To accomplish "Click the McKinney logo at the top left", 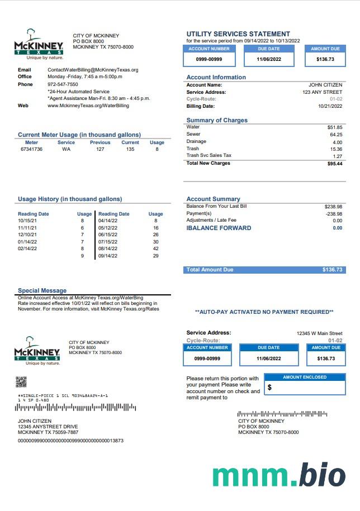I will (39, 44).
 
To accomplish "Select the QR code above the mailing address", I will (21, 382).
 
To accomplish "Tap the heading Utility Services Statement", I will (238, 34).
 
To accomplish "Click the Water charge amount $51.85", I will (335, 127).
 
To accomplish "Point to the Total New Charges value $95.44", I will (335, 164).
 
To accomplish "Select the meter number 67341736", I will (31, 149).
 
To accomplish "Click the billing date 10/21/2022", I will (330, 106).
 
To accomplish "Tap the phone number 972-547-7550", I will (63, 84).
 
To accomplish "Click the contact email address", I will (93, 70).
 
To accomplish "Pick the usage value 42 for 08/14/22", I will (155, 249).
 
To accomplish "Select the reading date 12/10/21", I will (27, 235).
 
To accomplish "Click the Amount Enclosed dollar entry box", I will (305, 387).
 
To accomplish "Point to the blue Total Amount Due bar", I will (264, 270).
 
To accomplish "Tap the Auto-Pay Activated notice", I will (264, 312).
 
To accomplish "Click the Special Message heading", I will (42, 290).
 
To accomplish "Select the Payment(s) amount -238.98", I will (334, 213).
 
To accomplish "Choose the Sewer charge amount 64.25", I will (336, 135).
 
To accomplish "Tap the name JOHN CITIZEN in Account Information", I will (325, 85).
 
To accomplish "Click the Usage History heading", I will (70, 199).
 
